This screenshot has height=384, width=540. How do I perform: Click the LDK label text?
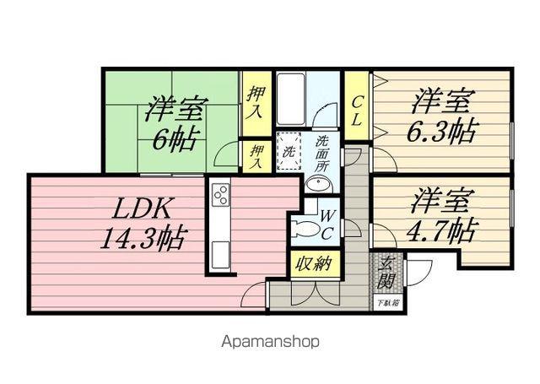pos(139,208)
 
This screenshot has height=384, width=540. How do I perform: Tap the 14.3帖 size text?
pos(143,237)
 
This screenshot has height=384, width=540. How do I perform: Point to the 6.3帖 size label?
pos(445,131)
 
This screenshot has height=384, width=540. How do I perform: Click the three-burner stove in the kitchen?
pos(220,196)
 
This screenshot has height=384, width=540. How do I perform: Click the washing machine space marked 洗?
pos(288,153)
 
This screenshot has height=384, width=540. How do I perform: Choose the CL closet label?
pos(356,111)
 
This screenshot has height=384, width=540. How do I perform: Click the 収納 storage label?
pos(312,264)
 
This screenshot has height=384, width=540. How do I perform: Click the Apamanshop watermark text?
pos(270,343)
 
